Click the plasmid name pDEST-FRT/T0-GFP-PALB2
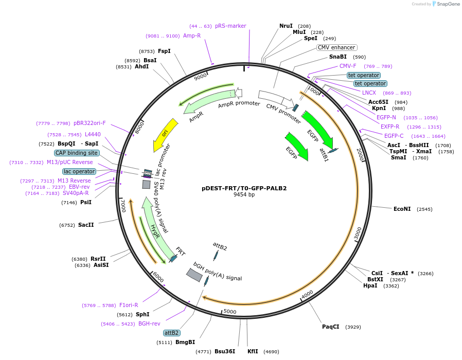pyautogui.click(x=244, y=188)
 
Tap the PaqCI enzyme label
pyautogui.click(x=331, y=327)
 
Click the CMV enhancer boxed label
pyautogui.click(x=336, y=47)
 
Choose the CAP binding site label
pyautogui.click(x=77, y=153)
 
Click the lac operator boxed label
pyautogui.click(x=79, y=171)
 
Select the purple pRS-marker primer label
pyautogui.click(x=230, y=26)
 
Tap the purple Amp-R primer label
pyautogui.click(x=192, y=35)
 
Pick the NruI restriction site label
pyautogui.click(x=286, y=26)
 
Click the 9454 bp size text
pyautogui.click(x=244, y=195)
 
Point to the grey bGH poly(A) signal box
pyautogui.click(x=194, y=275)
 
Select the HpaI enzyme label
pyautogui.click(x=370, y=285)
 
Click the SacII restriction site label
pyautogui.click(x=86, y=225)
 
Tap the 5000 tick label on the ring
pyautogui.click(x=229, y=312)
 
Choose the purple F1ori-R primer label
pyautogui.click(x=129, y=305)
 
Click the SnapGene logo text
pyautogui.click(x=448, y=4)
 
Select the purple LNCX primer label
pyautogui.click(x=369, y=93)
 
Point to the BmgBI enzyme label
pyautogui.click(x=185, y=342)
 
